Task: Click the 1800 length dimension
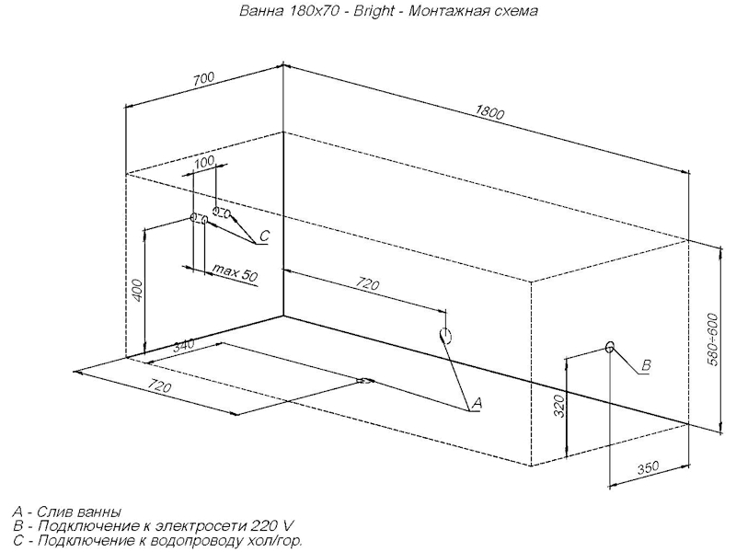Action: pyautogui.click(x=491, y=113)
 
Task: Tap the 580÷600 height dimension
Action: pyautogui.click(x=712, y=338)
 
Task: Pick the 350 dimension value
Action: pyautogui.click(x=650, y=468)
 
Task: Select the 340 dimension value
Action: pyautogui.click(x=183, y=347)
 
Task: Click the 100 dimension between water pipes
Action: pyautogui.click(x=204, y=162)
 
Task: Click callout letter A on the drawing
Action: pyautogui.click(x=477, y=402)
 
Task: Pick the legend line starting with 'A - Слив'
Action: pyautogui.click(x=68, y=512)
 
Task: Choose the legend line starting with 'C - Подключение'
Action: pyautogui.click(x=156, y=541)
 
